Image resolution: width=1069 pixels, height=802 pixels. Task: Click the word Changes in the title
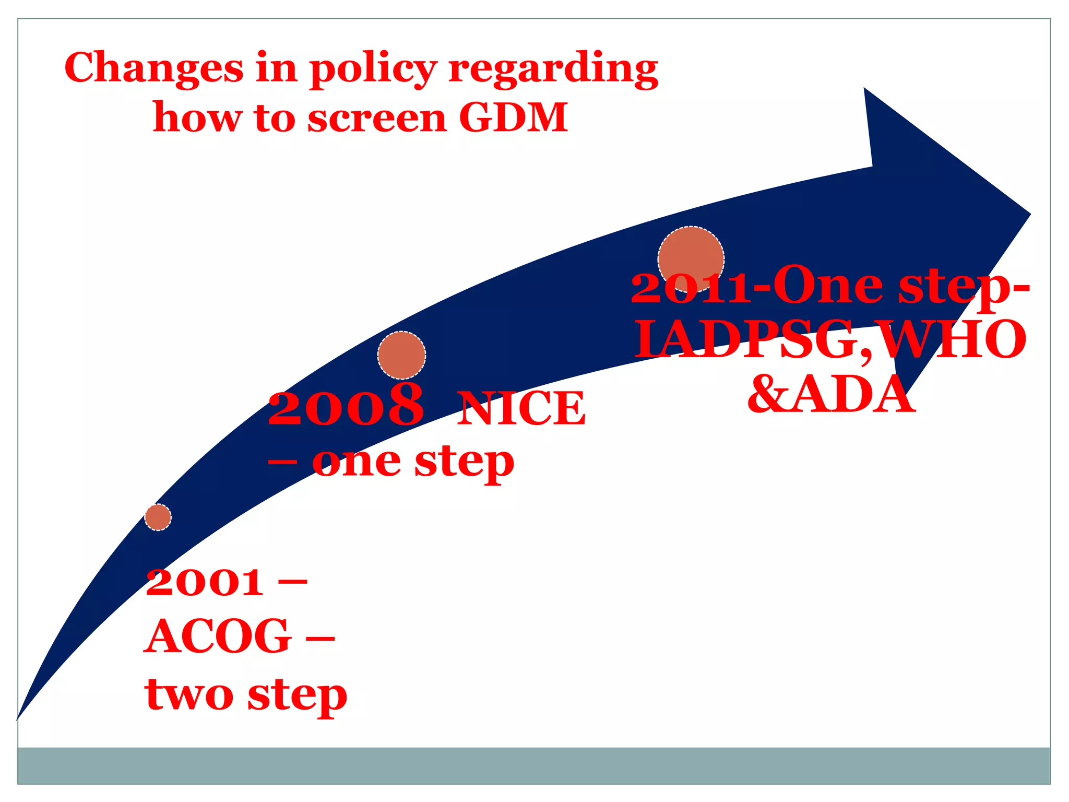pos(154,68)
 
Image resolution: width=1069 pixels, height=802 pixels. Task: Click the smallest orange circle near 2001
pos(158,517)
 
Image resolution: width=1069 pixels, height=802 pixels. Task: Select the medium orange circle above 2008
pos(401,355)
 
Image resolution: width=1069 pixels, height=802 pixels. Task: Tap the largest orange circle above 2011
pos(691,260)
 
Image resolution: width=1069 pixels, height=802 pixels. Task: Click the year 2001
pos(205,583)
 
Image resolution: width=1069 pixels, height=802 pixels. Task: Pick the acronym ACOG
pos(218,636)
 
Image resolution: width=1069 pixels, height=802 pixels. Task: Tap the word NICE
pos(521,409)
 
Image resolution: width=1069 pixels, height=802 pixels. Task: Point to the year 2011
pos(692,289)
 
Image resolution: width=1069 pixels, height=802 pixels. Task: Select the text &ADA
pos(831,395)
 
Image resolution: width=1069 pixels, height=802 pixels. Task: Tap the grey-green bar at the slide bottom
pos(533,765)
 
